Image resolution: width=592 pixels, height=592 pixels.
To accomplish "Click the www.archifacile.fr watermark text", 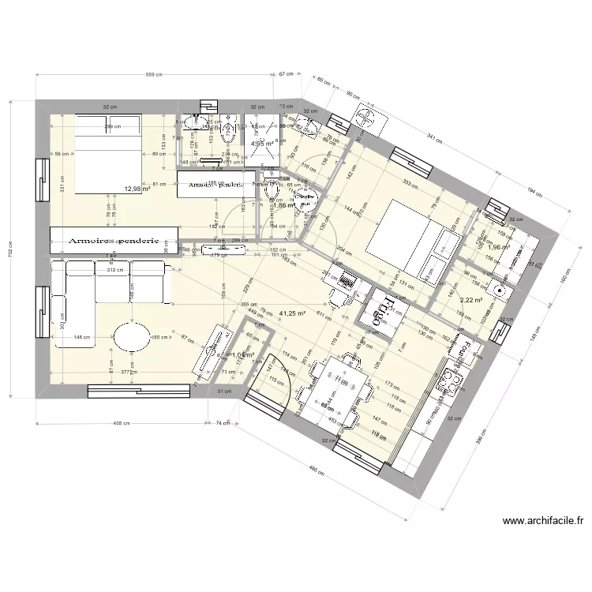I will coord(542,521).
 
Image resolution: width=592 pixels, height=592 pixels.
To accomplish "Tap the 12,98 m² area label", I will coord(137,189).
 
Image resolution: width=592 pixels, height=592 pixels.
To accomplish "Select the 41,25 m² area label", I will coord(292,313).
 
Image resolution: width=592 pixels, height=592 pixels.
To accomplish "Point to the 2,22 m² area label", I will coord(470,300).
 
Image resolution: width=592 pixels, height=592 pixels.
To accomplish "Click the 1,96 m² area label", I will coord(499,247).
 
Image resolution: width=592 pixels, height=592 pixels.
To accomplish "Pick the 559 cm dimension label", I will coord(154,75).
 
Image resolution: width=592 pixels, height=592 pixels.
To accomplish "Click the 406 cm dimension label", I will coord(121,423).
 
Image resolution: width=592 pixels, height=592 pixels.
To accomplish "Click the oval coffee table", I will coord(131,339).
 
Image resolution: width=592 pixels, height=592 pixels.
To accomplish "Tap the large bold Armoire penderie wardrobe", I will coord(114,241).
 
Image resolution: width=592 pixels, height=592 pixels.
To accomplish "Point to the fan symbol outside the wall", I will coord(365,116).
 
